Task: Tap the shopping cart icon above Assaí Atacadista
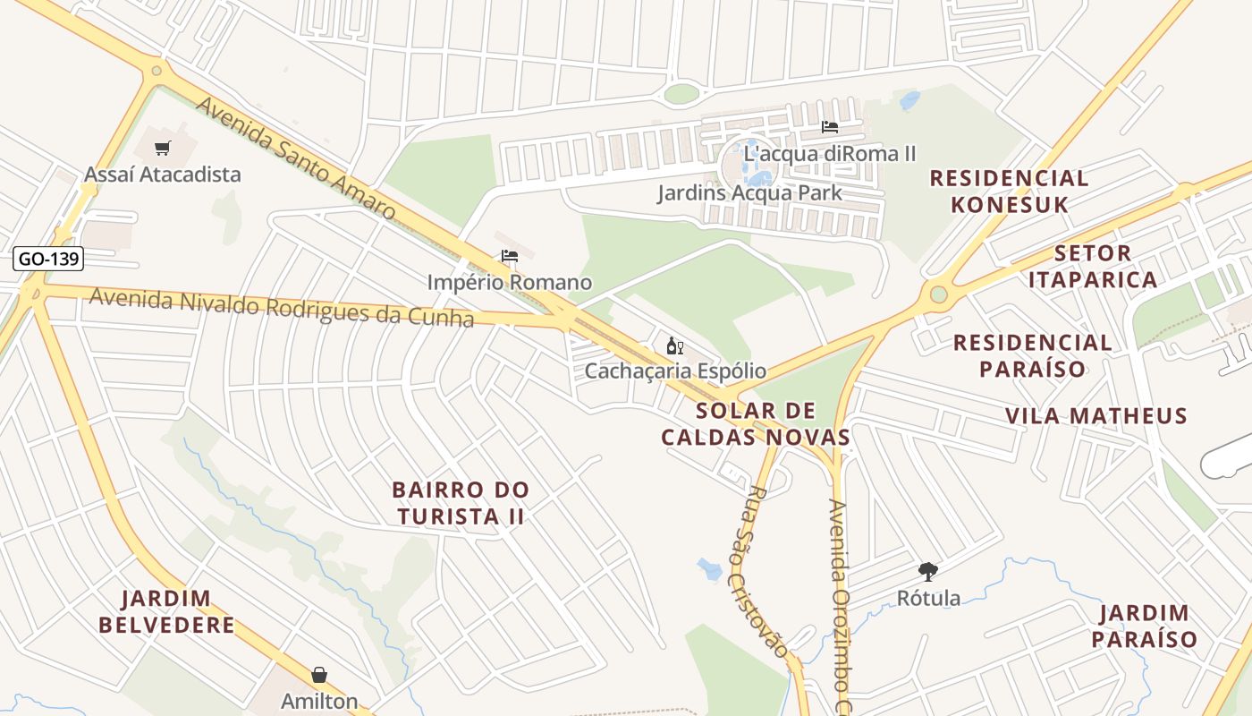162,149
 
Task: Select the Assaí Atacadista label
163,174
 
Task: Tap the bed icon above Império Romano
510,256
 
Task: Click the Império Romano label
509,282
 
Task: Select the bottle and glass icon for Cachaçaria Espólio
674,345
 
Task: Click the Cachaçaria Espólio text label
675,371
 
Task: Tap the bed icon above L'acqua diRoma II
830,127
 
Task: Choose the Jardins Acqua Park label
749,192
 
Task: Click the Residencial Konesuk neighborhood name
1009,192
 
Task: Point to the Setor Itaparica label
1092,266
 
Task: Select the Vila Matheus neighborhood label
1096,415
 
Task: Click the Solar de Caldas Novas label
756,424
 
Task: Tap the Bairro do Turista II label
461,503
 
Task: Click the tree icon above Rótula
928,571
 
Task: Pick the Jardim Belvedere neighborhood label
167,611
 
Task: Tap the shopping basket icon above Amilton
319,675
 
